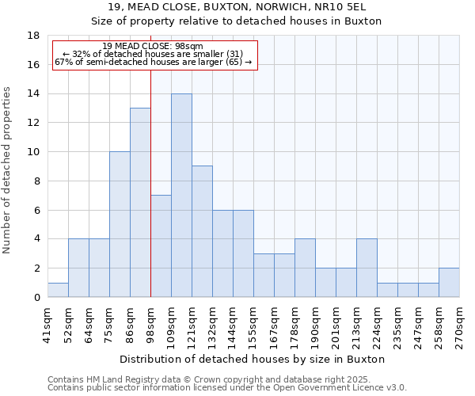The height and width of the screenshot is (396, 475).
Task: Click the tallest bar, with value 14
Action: [x=181, y=196]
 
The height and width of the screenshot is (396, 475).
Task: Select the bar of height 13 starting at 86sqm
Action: [x=140, y=203]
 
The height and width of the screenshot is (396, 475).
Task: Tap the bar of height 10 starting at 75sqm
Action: [x=120, y=224]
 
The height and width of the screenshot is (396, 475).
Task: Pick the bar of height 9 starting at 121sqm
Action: [x=202, y=231]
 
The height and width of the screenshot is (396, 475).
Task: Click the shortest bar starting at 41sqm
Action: [x=58, y=290]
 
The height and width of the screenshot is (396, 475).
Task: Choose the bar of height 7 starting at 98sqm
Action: [x=161, y=246]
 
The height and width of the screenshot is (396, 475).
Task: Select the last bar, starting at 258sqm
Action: [x=449, y=283]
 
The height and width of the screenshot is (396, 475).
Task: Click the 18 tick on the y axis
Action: [x=33, y=36]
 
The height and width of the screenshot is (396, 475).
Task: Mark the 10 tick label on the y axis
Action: [x=33, y=152]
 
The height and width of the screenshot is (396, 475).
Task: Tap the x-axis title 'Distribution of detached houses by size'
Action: [x=253, y=359]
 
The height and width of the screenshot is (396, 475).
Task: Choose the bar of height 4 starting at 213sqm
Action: [x=367, y=268]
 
